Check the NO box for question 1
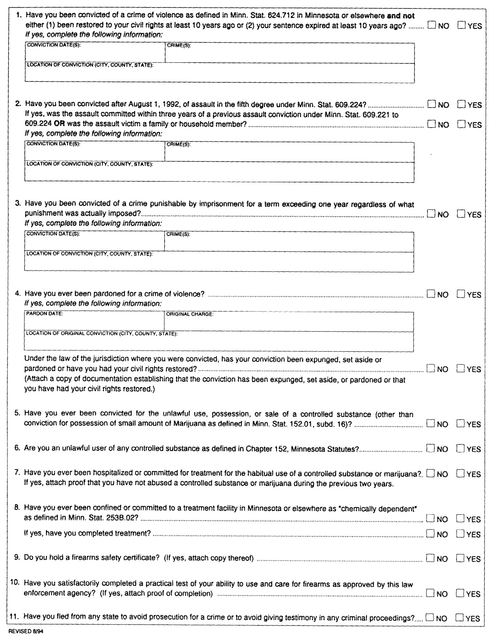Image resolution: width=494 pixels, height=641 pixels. [x=432, y=26]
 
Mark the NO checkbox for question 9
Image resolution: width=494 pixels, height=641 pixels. [x=430, y=558]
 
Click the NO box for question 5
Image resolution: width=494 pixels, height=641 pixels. [x=430, y=424]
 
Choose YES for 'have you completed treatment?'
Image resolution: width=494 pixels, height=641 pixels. [x=460, y=534]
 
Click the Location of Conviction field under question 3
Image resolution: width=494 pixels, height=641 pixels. [x=219, y=264]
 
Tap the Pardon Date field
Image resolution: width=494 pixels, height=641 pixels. [x=94, y=323]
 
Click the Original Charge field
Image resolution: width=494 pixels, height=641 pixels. [x=289, y=323]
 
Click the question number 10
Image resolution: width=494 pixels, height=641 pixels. [x=15, y=584]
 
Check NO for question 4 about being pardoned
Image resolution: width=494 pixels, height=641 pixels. [x=431, y=294]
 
